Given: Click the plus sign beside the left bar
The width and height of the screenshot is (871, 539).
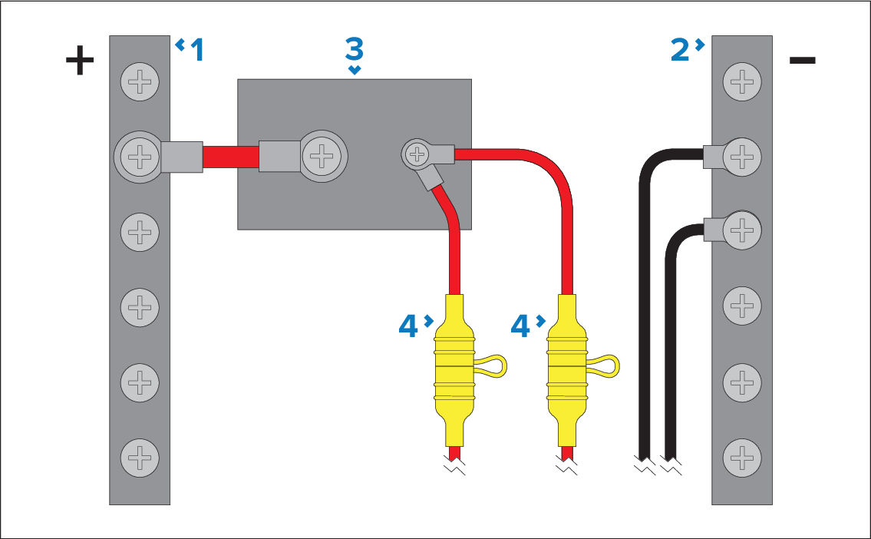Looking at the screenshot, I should (x=79, y=62).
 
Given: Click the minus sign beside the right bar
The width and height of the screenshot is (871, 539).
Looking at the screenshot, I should (x=802, y=61).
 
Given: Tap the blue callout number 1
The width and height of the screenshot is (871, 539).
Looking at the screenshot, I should (x=197, y=51).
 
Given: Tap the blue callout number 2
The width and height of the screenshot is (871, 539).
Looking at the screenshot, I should (x=680, y=50).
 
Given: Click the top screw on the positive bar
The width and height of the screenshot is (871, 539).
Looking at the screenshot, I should (x=139, y=82).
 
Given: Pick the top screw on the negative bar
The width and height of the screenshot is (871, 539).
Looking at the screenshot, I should (x=742, y=82).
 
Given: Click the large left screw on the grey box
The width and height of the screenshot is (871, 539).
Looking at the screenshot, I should (x=320, y=157).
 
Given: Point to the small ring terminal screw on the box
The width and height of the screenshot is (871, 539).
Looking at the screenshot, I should (x=417, y=156).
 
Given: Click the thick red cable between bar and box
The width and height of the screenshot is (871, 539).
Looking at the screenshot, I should (x=230, y=157).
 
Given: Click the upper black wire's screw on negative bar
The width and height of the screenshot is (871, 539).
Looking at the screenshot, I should (x=742, y=157).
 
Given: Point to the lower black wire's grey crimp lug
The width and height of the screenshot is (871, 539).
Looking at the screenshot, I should (x=714, y=228).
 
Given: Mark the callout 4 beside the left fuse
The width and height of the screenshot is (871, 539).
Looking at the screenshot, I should (x=410, y=327).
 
